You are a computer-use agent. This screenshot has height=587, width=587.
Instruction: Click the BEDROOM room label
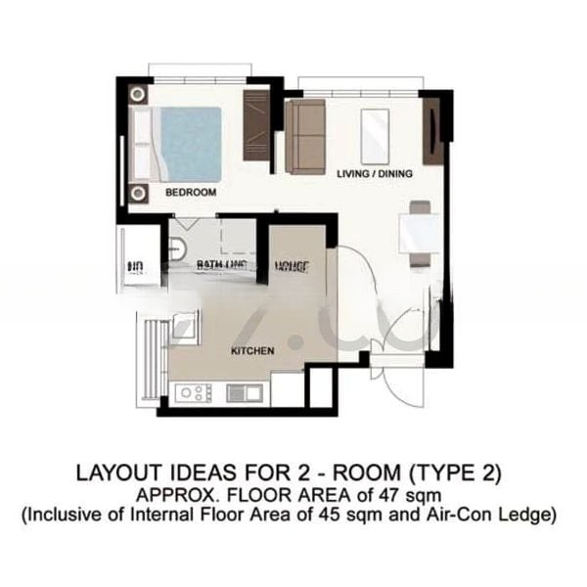190,193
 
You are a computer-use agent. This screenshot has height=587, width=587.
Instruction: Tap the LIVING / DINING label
374,173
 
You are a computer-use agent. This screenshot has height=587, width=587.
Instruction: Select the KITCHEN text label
251,350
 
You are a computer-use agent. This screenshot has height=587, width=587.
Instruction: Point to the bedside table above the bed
138,95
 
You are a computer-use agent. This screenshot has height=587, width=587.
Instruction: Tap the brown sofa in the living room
305,135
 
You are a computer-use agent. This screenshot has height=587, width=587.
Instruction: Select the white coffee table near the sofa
375,136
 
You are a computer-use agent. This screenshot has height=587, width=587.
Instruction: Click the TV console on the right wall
431,131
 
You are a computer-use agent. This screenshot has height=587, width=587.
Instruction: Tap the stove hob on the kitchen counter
193,393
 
